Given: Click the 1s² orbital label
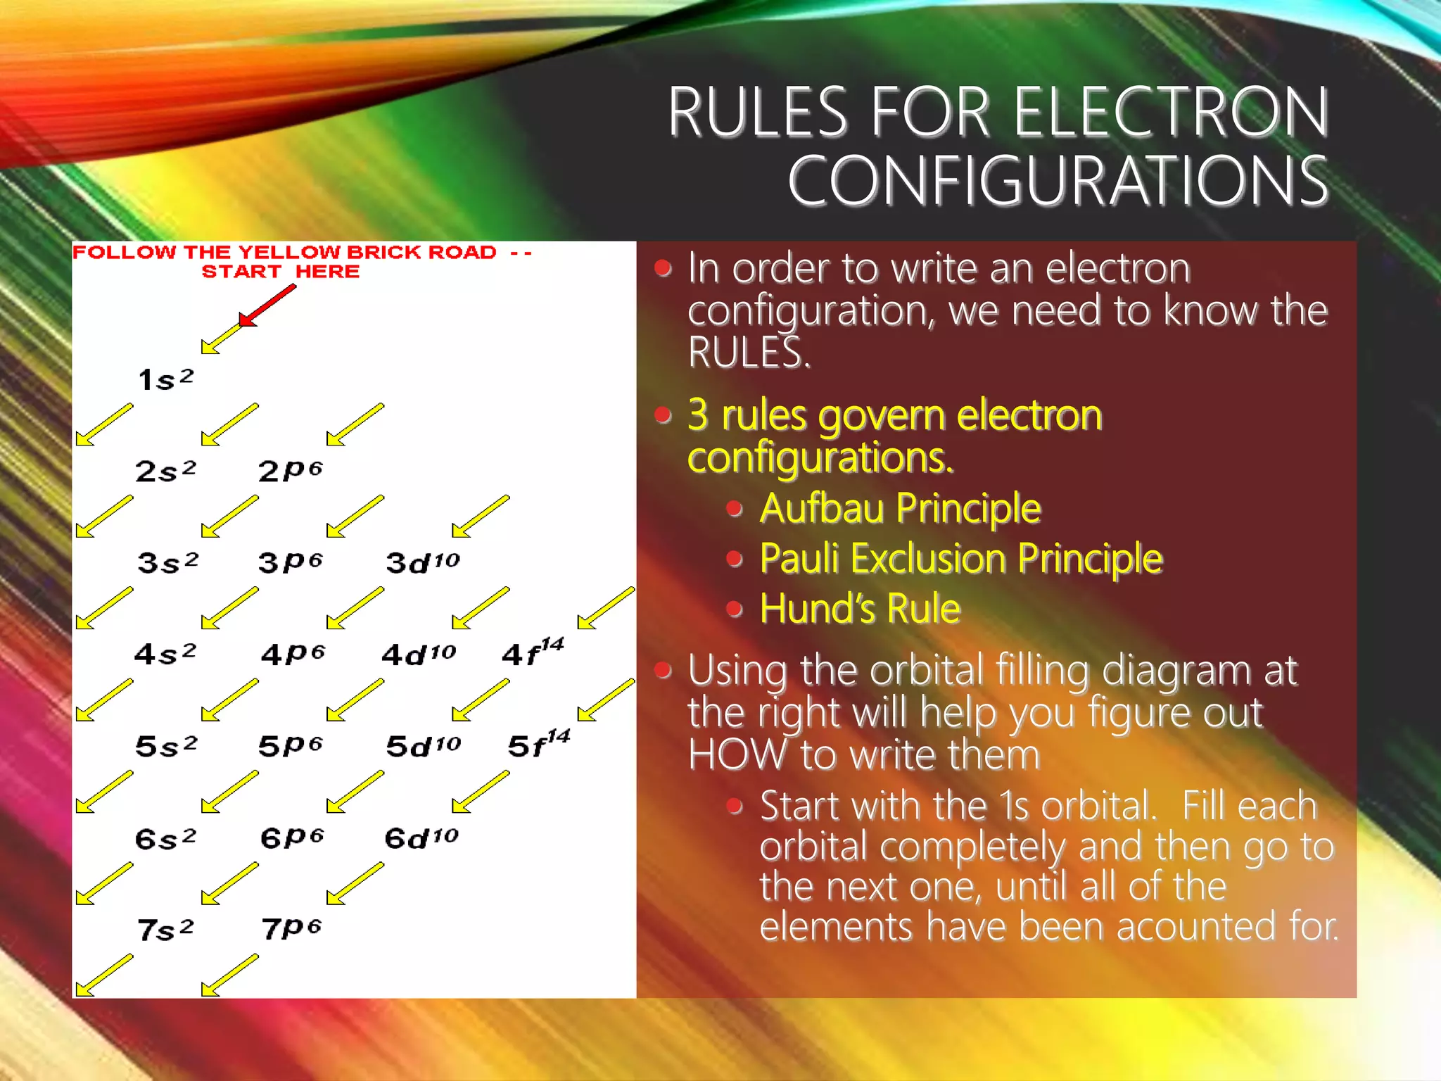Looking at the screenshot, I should pos(165,379).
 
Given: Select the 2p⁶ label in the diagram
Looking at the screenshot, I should pos(290,470).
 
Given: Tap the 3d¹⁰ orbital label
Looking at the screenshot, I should pos(422,562).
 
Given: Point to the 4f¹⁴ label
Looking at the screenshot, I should pos(533,652).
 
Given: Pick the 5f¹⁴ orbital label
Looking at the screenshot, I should pos(538,745).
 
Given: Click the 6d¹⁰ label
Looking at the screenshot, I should pos(421,837).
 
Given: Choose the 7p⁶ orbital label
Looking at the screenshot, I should pos(291,929).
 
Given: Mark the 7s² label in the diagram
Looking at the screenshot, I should pos(165,930).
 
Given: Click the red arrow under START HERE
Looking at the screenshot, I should pos(267,306).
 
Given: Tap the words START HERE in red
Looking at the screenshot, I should pos(280,272).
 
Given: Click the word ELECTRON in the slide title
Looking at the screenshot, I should pos(1171,113).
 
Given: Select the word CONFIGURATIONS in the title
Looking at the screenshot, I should pos(1058,182).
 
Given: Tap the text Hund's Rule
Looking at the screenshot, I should pos(860,609).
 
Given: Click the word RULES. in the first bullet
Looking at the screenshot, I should pos(749,353).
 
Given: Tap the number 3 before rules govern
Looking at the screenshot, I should pos(697,415).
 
